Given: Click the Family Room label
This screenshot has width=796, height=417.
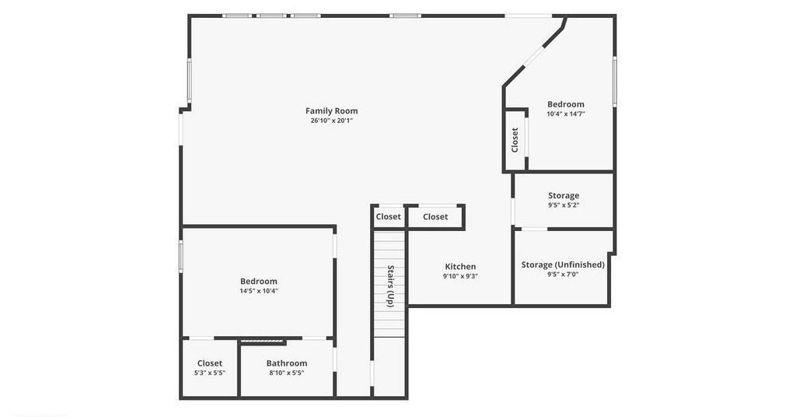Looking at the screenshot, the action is pos(331,110).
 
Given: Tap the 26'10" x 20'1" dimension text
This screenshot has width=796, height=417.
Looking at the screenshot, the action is pos(331,121).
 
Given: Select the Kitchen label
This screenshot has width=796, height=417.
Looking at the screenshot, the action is pos(460,267).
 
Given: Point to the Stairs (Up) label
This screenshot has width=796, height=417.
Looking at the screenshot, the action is pos(390,286).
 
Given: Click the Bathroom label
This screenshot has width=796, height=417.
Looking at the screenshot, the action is pos(287,363).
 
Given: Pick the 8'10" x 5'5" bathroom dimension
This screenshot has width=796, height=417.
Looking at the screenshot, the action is pos(287,373).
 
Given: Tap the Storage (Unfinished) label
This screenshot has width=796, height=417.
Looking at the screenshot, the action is pos(563,265).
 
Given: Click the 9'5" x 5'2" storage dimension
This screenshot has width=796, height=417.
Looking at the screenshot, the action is pos(564,205).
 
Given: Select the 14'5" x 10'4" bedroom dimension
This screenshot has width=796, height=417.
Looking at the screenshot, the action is pos(259,291).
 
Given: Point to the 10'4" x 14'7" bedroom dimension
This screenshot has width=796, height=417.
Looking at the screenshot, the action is pos(566,114).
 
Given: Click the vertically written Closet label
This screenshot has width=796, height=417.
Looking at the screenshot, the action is pos(515,140).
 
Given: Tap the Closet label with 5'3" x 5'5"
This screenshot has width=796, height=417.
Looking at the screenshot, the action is pos(210,363).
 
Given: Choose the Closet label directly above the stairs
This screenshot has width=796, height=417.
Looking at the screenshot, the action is pos(389,217).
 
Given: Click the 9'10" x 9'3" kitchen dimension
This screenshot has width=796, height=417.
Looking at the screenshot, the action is pos(460,276).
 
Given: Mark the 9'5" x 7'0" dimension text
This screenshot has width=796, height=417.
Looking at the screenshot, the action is pos(563,275).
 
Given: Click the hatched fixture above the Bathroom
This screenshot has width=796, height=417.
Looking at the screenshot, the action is pos(263,342).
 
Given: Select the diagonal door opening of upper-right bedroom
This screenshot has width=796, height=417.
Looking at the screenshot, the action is pos(533,57).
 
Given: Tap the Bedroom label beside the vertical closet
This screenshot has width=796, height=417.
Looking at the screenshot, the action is pos(566,104).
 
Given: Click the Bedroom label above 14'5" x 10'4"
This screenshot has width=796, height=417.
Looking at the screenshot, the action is pos(259,282).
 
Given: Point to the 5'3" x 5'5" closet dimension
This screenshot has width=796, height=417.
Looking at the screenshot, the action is pos(210,373).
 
